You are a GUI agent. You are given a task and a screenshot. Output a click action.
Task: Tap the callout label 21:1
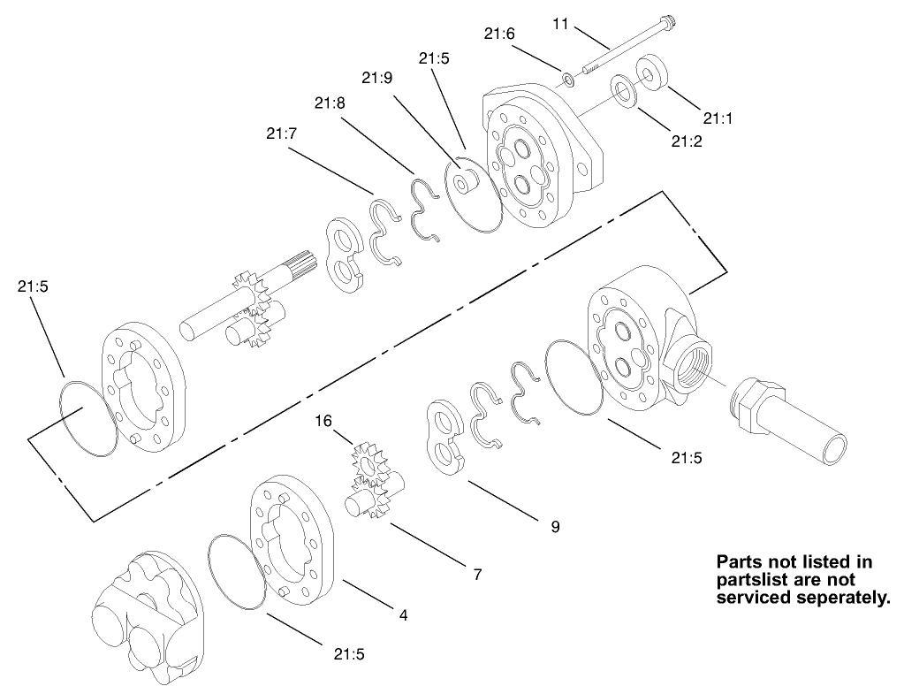[718, 118]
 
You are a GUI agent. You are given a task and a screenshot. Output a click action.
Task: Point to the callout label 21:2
[686, 140]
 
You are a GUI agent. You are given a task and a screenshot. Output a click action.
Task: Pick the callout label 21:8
[328, 103]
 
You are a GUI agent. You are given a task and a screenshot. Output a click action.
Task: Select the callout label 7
[477, 574]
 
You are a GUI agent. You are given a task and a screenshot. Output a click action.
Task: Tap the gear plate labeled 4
[292, 539]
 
